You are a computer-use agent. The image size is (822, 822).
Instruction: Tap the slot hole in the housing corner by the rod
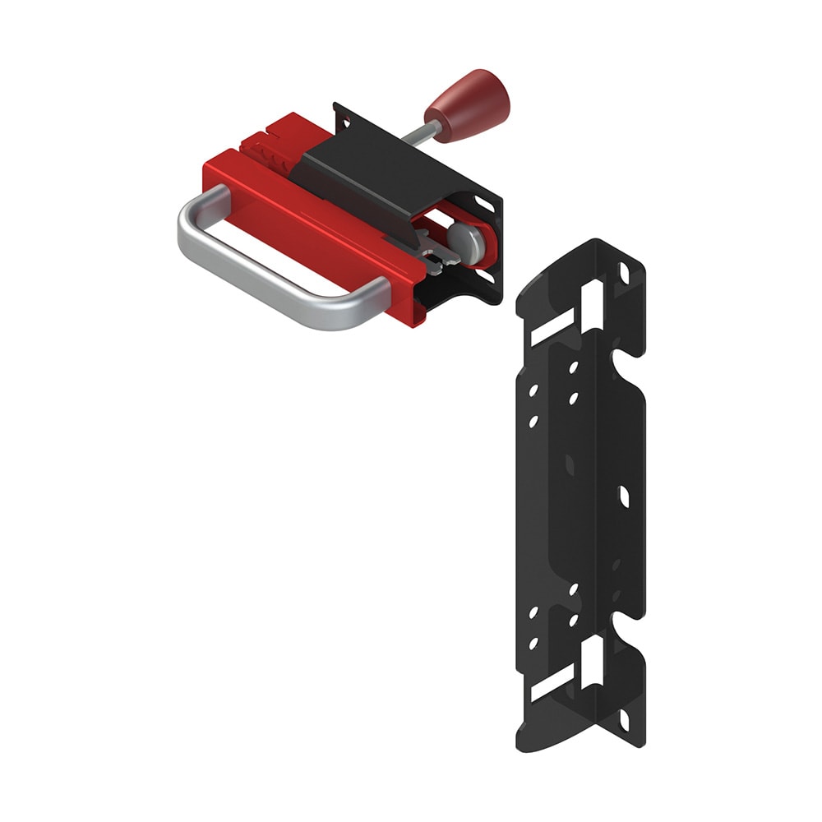coord(346,122)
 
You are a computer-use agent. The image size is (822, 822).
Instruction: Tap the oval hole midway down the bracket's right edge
coord(622,496)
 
